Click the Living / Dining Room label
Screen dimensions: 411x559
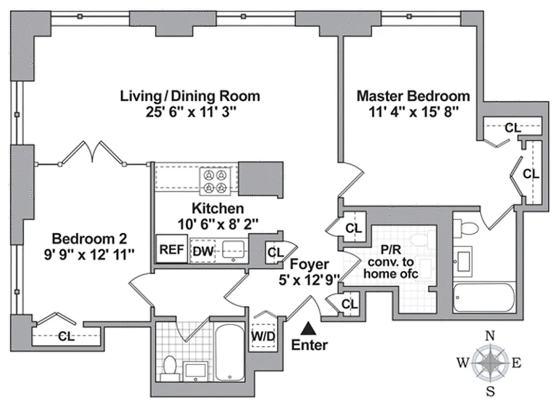[x=190, y=96]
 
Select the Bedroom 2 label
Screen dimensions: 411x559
[x=89, y=238]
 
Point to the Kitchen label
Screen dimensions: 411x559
[x=218, y=209]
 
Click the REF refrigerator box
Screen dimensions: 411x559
[x=172, y=250]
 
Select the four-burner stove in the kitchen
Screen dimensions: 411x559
[x=214, y=181]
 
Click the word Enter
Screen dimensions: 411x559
[x=309, y=345]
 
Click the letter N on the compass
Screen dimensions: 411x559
[x=491, y=337]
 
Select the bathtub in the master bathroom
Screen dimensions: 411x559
[x=483, y=298]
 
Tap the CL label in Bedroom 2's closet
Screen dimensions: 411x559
[x=66, y=337]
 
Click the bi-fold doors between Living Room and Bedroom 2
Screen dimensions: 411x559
[x=93, y=154]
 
